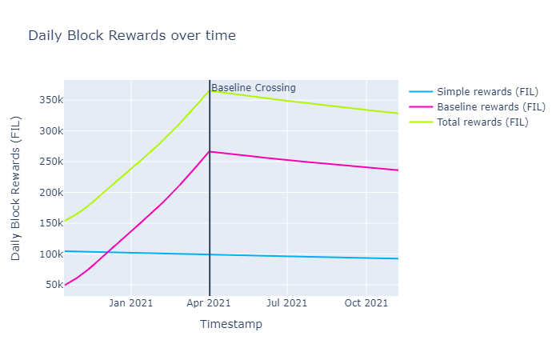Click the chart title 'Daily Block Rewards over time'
click(x=132, y=36)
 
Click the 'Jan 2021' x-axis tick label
click(x=130, y=302)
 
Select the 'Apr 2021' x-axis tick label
click(x=209, y=302)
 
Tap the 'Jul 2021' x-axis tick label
click(x=286, y=302)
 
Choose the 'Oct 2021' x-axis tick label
click(x=366, y=302)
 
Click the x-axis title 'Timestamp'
click(x=230, y=324)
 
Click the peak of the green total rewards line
click(x=210, y=90)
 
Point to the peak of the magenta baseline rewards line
click(x=210, y=151)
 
